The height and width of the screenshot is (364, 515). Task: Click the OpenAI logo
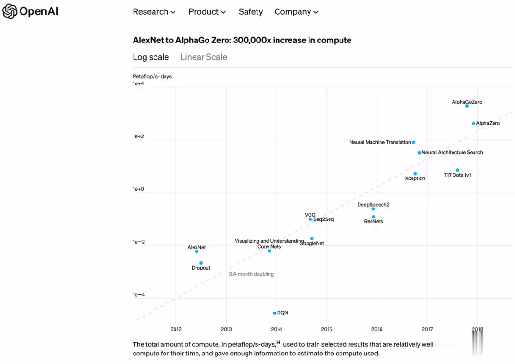pos(30,11)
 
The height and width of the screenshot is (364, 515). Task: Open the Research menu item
pos(154,12)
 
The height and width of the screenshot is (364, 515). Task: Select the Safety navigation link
pos(251,12)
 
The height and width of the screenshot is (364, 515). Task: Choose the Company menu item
pos(296,12)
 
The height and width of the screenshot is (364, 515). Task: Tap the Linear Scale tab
pos(204,57)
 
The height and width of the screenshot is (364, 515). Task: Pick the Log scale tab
pos(151,57)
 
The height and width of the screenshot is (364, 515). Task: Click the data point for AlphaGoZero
pos(467,106)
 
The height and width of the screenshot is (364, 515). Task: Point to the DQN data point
pos(274,313)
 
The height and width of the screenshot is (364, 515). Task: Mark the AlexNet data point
pos(196,251)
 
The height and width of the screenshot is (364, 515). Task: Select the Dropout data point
pos(201,263)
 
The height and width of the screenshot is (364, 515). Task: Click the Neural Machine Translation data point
pos(413,142)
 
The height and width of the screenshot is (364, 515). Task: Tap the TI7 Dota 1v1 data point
pos(457,170)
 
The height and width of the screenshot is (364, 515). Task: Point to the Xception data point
pos(415,174)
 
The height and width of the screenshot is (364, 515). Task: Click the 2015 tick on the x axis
pos(327,329)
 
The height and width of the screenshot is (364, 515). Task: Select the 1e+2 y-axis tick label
pos(138,137)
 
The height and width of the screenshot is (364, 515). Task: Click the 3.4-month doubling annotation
pos(251,274)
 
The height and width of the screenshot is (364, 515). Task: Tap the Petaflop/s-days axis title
pos(152,76)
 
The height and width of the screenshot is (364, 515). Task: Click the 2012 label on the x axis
pos(176,329)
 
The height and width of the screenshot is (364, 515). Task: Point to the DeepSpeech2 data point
pos(373,209)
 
